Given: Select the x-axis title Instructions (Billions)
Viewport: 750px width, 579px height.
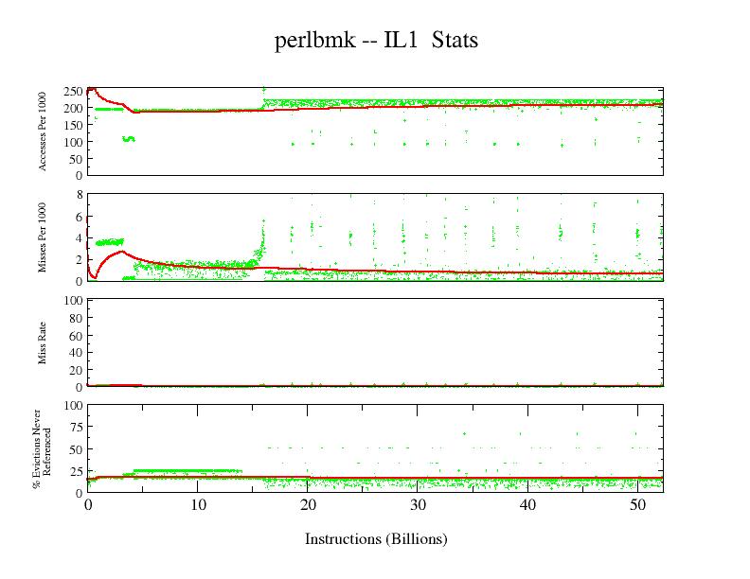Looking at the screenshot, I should pyautogui.click(x=375, y=539).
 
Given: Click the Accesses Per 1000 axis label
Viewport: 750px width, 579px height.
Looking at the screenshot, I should pyautogui.click(x=43, y=132).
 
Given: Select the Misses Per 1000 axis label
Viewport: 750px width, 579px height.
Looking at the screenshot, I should pyautogui.click(x=43, y=237).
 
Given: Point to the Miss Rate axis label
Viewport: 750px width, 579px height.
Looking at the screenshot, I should pyautogui.click(x=43, y=343).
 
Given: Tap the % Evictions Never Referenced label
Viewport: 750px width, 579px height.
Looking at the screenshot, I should pyautogui.click(x=39, y=448).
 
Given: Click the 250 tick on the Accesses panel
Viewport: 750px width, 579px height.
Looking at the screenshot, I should pyautogui.click(x=72, y=91).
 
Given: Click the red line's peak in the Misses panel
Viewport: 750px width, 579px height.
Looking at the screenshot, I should pyautogui.click(x=119, y=252).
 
